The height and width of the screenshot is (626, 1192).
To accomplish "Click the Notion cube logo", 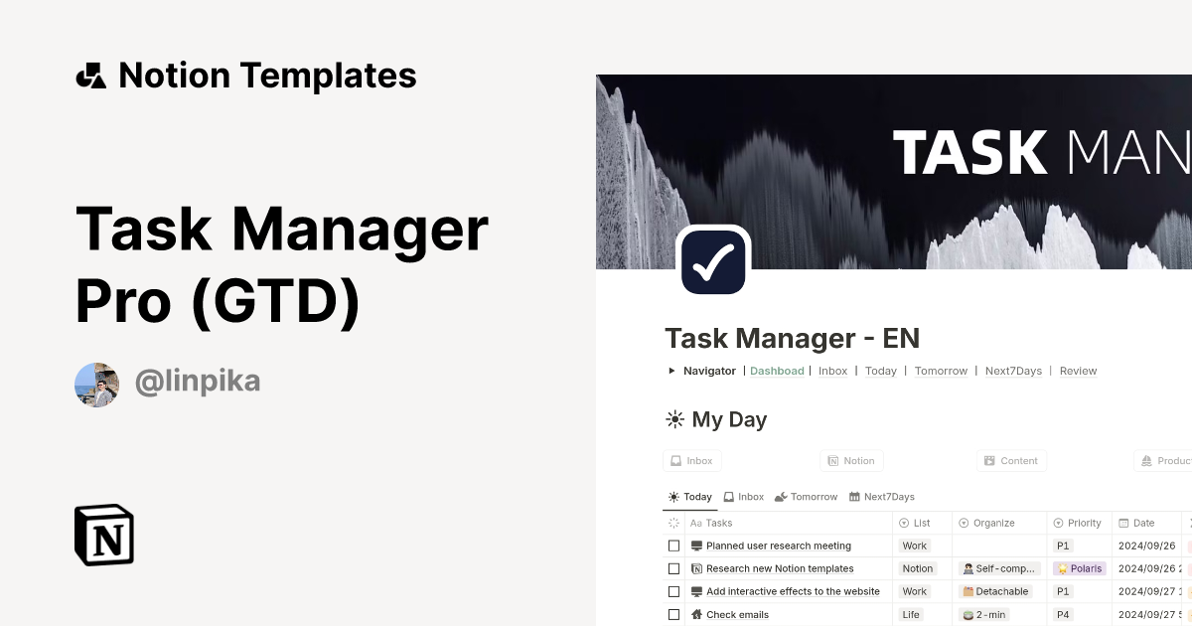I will pyautogui.click(x=104, y=535).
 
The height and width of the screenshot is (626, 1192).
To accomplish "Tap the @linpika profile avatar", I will pyautogui.click(x=96, y=385).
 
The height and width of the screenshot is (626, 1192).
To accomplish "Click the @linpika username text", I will pyautogui.click(x=198, y=382).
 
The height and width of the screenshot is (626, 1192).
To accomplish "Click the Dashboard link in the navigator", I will pyautogui.click(x=777, y=371).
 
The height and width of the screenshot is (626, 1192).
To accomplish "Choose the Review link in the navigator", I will pyautogui.click(x=1078, y=371).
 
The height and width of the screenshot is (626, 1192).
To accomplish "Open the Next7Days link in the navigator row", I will pyautogui.click(x=1013, y=371).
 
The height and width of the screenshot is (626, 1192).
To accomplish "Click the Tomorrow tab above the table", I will pyautogui.click(x=806, y=497).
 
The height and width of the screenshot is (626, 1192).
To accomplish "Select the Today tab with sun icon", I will pyautogui.click(x=690, y=497).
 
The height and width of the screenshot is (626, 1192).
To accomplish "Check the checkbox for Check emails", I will pyautogui.click(x=673, y=615).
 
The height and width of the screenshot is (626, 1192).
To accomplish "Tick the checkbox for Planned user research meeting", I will pyautogui.click(x=673, y=546).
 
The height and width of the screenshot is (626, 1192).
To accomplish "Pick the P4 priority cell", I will pyautogui.click(x=1063, y=614).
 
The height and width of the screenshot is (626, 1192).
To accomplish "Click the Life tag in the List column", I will pyautogui.click(x=911, y=614).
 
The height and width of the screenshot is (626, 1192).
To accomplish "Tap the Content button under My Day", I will pyautogui.click(x=1011, y=461).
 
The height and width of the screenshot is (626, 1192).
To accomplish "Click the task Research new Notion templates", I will pyautogui.click(x=780, y=568).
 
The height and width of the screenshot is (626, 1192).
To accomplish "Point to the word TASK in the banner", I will pyautogui.click(x=970, y=152).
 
